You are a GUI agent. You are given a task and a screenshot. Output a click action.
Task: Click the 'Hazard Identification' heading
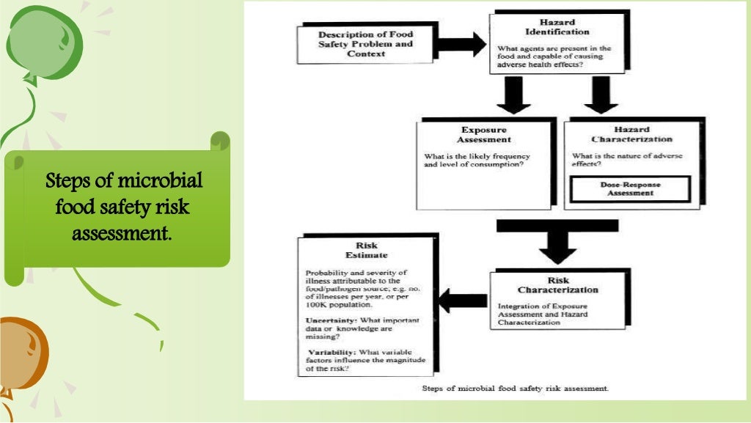point(558,26)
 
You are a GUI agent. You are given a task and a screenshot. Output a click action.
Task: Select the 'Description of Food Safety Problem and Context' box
point(365,44)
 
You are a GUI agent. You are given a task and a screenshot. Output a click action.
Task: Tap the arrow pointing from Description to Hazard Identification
point(462,44)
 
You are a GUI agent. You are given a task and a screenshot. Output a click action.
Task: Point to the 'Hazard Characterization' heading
point(631,134)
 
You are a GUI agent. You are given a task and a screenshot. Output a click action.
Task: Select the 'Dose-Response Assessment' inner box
point(630,189)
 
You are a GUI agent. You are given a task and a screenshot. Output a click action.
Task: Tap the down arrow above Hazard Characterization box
point(601,94)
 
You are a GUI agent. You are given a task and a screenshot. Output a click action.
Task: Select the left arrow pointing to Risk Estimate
point(462,299)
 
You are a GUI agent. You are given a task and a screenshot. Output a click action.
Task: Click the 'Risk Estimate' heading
point(366,251)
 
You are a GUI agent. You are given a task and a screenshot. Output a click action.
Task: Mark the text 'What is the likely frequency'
point(477,156)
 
